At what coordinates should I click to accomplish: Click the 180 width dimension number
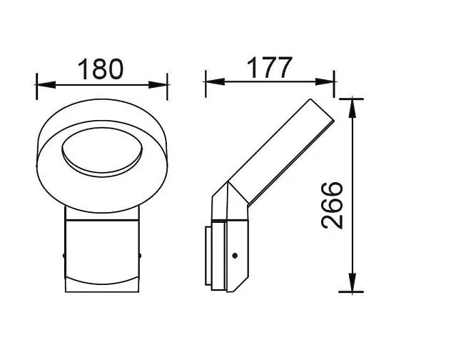101,69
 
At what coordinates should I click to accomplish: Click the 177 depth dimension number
269,67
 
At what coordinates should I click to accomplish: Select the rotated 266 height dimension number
332,205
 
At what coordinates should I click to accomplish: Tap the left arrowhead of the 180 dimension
46,85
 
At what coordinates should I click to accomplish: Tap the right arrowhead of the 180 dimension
158,85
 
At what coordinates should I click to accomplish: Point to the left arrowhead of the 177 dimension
215,81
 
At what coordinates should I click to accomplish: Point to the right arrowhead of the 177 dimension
325,81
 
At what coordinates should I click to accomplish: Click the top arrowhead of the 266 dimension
353,109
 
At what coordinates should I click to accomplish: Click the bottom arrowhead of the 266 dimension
353,282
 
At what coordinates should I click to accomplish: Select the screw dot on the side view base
235,256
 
